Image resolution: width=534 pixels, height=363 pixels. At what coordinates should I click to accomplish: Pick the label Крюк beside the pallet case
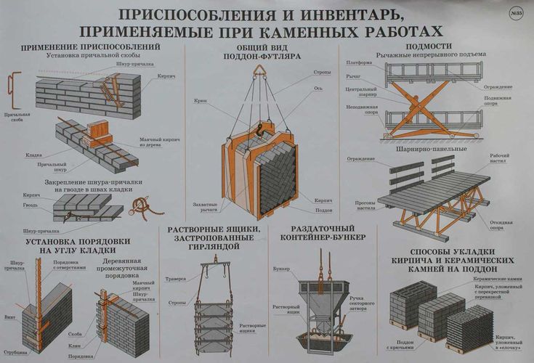(x=201, y=99)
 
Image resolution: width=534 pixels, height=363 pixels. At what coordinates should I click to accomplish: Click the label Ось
(x=317, y=87)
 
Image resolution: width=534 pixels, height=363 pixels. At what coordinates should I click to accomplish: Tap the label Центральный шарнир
(x=359, y=93)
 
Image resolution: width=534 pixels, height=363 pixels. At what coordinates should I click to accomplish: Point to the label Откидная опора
(x=501, y=208)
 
